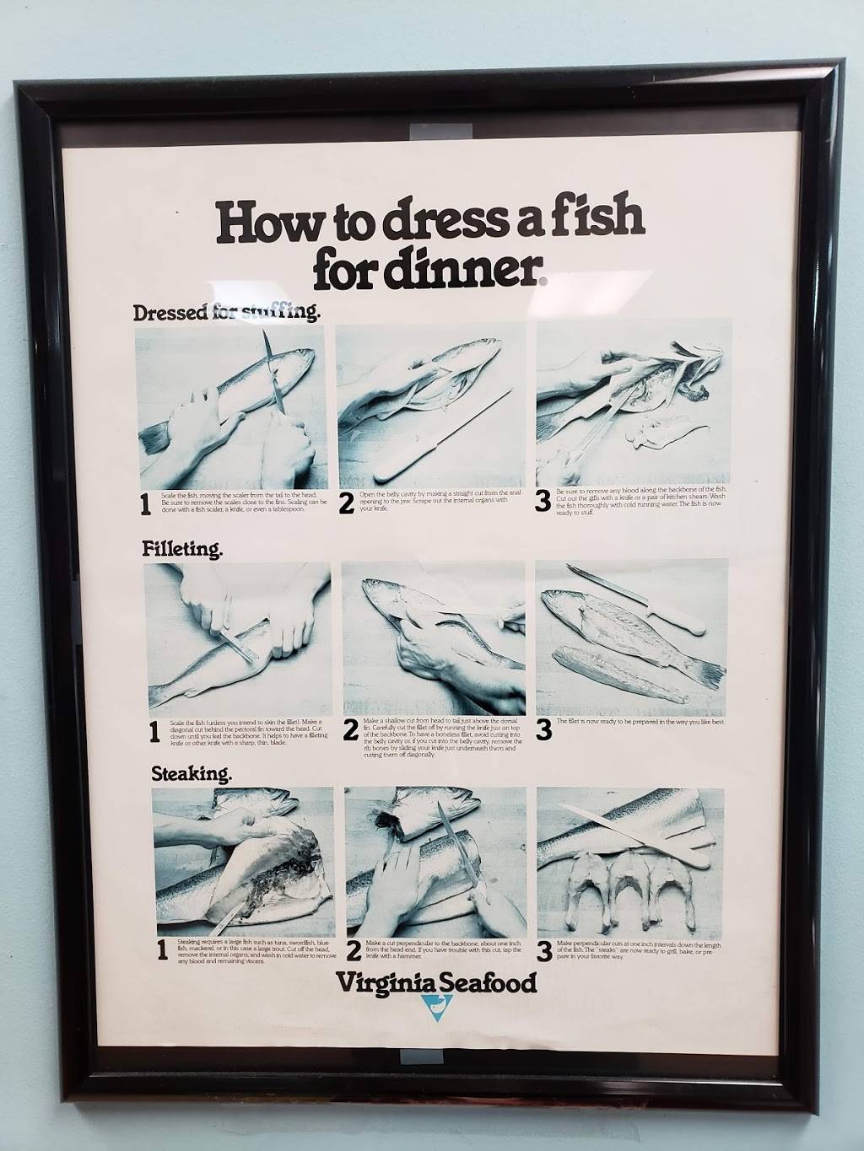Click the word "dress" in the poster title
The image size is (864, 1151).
[445, 222]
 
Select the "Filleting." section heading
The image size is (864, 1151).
[182, 550]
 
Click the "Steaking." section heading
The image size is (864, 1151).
[192, 773]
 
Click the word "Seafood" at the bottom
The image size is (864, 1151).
[491, 982]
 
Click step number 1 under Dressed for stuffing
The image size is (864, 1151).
[146, 503]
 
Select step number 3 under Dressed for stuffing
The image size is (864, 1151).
[543, 501]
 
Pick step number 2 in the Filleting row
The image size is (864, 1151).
[351, 732]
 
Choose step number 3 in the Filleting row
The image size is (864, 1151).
[543, 730]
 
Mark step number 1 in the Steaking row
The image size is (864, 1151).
[162, 950]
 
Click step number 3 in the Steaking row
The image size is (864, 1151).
[544, 950]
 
